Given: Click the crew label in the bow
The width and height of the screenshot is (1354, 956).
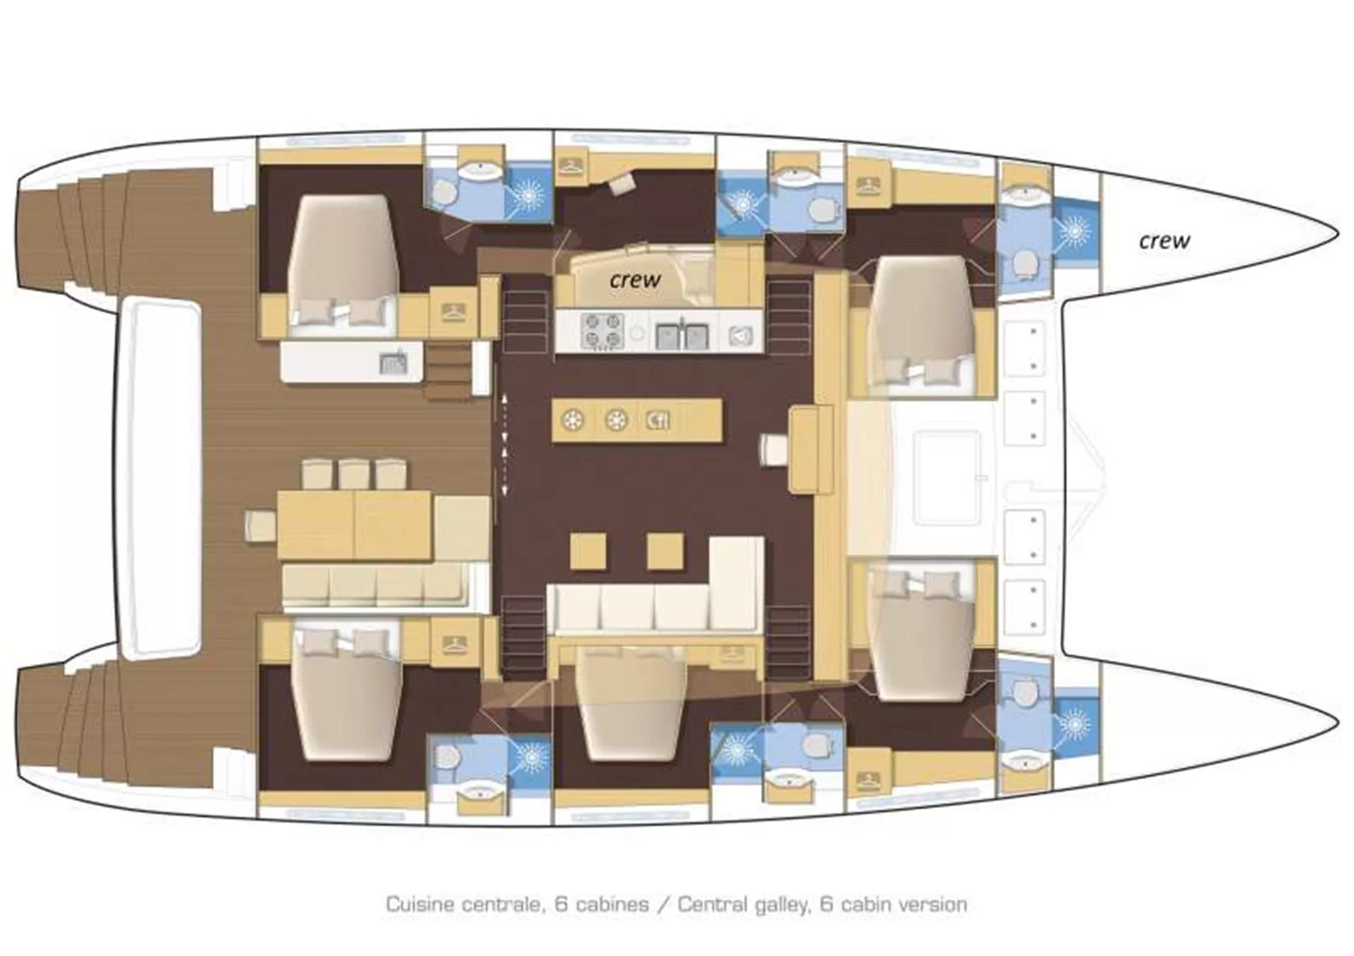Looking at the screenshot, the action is (1164, 241).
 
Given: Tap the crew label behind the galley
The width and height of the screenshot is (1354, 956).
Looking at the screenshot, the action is (635, 280).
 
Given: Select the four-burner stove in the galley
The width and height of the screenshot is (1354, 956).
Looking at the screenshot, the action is (602, 331).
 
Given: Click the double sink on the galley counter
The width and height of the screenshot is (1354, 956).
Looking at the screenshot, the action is (681, 336).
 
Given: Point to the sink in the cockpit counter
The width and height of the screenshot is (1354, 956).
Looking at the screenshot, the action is (393, 362).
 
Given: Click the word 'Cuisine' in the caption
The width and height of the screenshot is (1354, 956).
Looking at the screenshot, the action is (421, 905).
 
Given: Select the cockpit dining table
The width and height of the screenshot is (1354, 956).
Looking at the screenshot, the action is (355, 526).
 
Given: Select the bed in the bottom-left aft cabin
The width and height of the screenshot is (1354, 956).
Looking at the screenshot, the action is (346, 694).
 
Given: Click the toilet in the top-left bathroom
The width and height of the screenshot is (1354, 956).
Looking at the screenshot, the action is (444, 192).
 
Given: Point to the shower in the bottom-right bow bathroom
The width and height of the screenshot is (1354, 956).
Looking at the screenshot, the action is (1075, 723).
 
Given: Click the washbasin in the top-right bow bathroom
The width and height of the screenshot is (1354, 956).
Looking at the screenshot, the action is (1025, 190).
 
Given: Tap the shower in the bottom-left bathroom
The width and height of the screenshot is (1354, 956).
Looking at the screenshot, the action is (530, 759).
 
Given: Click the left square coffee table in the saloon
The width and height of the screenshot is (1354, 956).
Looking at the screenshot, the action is (588, 551).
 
